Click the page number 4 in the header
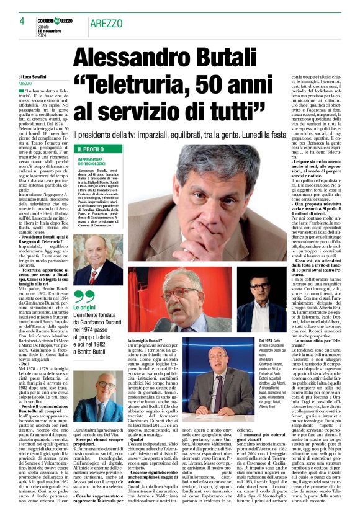[21, 21]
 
